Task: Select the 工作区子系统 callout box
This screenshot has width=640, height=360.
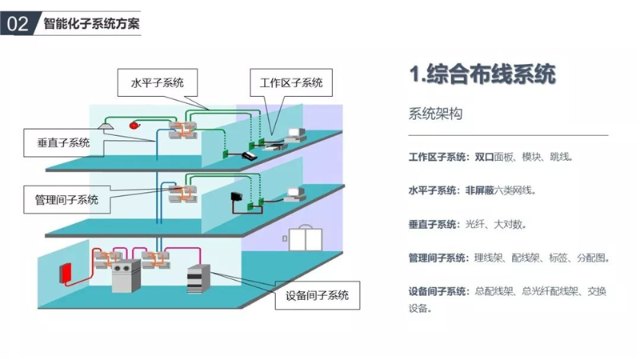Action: click(x=290, y=82)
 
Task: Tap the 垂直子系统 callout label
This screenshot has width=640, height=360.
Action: click(x=63, y=142)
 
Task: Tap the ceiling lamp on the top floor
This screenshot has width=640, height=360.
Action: click(x=105, y=125)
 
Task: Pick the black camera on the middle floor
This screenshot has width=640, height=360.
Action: click(x=237, y=196)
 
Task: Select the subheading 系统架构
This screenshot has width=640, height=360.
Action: click(x=435, y=114)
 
